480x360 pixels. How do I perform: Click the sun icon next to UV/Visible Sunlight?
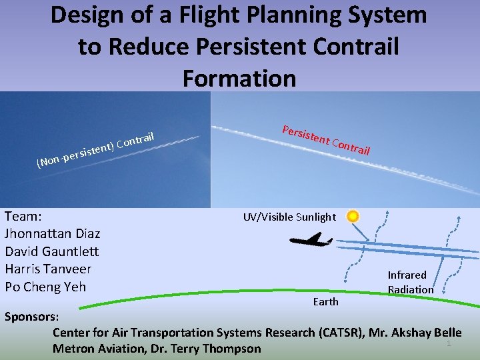(353, 217)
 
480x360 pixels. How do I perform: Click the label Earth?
(325, 302)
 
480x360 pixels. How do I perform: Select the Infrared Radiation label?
(410, 282)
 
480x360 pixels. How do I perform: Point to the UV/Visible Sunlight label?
(289, 217)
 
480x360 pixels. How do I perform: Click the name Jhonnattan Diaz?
(53, 234)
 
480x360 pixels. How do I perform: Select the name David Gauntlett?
(51, 251)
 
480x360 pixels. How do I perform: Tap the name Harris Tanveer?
(48, 269)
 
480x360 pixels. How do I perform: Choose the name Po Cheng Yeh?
(45, 287)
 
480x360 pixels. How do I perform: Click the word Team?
(23, 216)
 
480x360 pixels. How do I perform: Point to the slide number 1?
(449, 343)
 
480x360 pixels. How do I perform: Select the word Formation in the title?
(239, 78)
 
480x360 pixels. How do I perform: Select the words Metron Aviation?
(99, 349)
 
